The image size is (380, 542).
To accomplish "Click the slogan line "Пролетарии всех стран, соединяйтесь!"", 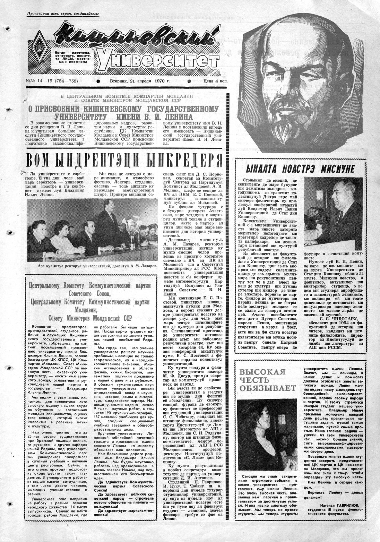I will [x=64, y=14].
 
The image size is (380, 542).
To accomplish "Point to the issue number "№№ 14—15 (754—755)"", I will [x=52, y=81].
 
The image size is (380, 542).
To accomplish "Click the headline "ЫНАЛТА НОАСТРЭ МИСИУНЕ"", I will [x=300, y=169].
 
